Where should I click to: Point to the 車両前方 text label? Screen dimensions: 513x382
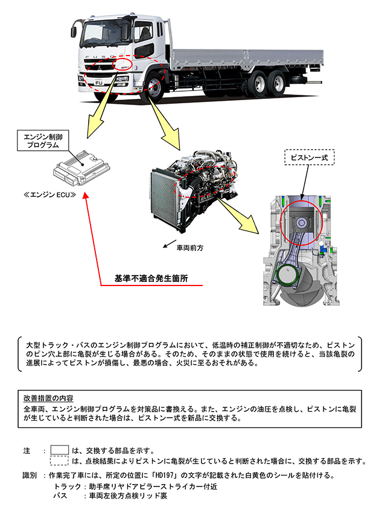coord(190,247)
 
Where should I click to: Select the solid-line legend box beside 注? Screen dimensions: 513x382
coord(59,450)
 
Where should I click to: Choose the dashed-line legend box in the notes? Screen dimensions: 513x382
coord(59,461)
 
